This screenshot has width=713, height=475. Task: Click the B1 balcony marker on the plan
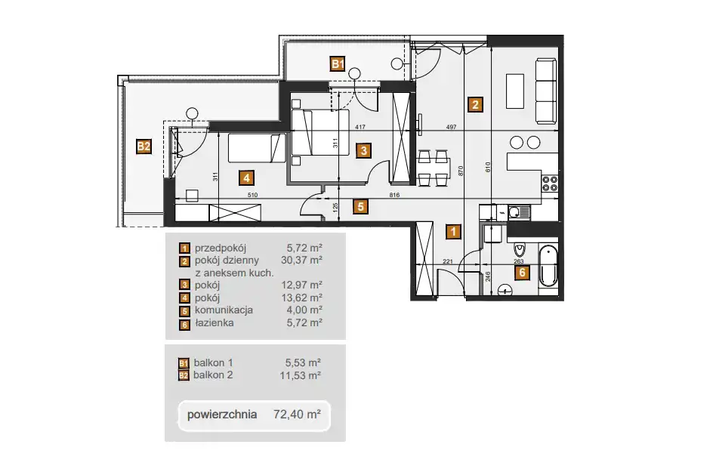click(x=338, y=63)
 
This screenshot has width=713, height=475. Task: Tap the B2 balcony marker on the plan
click(x=144, y=147)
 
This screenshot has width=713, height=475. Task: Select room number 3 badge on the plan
click(x=363, y=150)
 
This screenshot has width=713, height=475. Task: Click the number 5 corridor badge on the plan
click(x=360, y=207)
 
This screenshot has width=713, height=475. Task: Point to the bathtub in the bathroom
click(x=548, y=266)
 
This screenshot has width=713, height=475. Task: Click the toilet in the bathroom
click(x=520, y=248)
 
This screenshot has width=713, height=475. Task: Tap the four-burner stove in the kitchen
click(x=549, y=184)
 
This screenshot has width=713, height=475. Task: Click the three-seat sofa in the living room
click(x=545, y=91)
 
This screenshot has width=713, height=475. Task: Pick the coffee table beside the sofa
click(x=515, y=91)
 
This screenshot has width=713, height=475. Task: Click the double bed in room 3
click(x=319, y=132)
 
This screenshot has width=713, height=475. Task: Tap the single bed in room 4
click(x=257, y=148)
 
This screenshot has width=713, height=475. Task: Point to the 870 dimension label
click(x=461, y=171)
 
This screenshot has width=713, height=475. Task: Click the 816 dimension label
click(x=394, y=195)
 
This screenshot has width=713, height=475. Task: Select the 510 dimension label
click(x=252, y=195)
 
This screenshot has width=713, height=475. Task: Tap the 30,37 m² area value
click(x=301, y=260)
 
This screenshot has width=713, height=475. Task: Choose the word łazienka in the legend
click(x=215, y=322)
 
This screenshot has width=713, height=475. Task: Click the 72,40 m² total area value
click(x=297, y=414)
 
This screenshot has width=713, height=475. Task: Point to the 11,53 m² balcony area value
click(x=300, y=375)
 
